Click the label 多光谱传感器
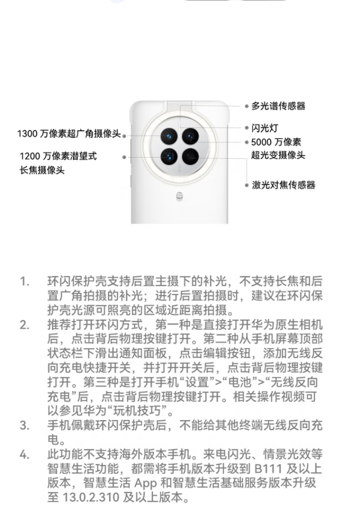(278, 106)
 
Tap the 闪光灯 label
(264, 128)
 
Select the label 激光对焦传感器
(284, 185)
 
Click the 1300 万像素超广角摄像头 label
(69, 134)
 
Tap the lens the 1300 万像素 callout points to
(169, 136)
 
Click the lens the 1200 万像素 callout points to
(169, 157)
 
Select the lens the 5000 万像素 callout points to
(190, 136)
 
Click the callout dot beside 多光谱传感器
(247, 107)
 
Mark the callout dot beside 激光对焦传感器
(247, 185)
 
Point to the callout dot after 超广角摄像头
(124, 136)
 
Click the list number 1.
(24, 281)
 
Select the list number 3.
(24, 426)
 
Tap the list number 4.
(24, 455)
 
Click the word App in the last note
(145, 483)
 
